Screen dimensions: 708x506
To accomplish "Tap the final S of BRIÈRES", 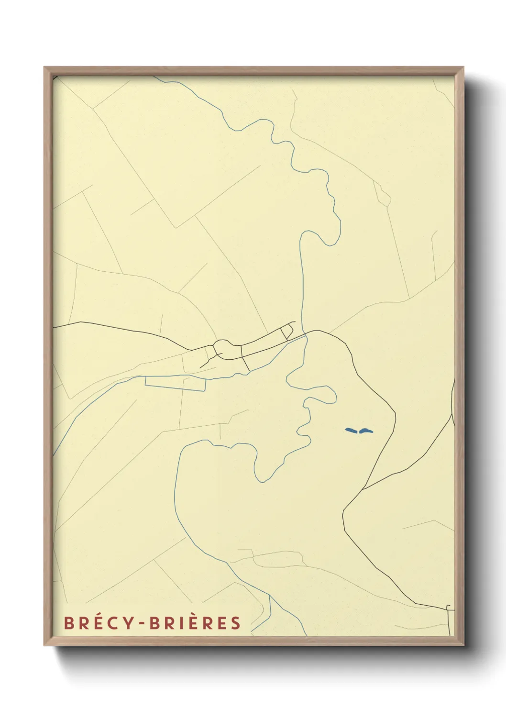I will tap(235, 623).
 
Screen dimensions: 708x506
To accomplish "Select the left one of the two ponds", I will tap(352, 431).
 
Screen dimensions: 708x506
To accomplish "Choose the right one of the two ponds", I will tap(366, 431).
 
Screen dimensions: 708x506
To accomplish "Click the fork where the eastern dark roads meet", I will tap(362, 489).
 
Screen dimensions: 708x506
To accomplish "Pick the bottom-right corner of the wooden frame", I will tap(463, 645).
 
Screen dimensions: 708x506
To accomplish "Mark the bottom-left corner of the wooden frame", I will tap(45, 645).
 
